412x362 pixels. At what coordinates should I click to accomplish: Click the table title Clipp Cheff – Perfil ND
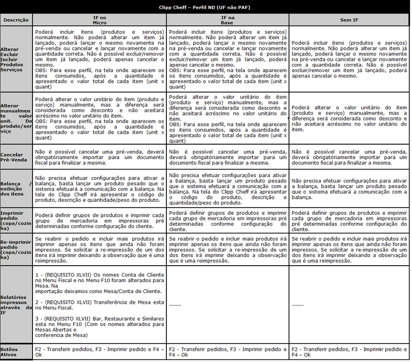[x=206, y=8]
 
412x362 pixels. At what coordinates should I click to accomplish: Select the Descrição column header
[x=15, y=20]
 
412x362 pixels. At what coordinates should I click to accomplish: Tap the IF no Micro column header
[x=99, y=20]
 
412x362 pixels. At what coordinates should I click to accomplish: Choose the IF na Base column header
[x=228, y=20]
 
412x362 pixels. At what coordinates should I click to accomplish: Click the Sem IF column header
[x=350, y=20]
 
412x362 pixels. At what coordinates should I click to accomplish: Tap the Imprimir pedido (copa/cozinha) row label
[x=16, y=218]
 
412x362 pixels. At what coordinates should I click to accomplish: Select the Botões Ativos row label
[x=11, y=352]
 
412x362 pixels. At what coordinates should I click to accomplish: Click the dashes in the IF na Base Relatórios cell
[x=175, y=305]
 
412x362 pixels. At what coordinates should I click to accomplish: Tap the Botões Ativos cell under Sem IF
[x=349, y=352]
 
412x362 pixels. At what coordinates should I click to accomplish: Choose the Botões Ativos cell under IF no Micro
[x=99, y=352]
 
